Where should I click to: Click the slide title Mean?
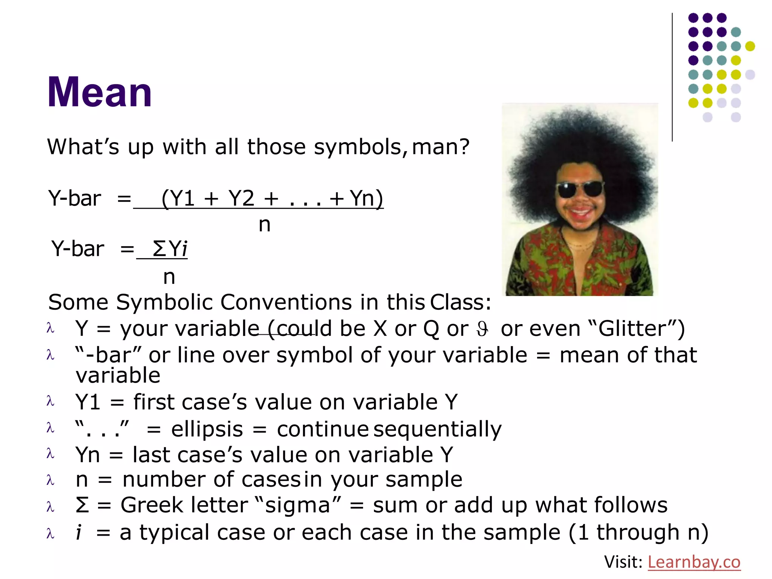pos(100,92)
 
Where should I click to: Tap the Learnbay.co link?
pos(694,562)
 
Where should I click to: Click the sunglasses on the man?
pos(581,188)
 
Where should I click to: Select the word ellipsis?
pos(207,429)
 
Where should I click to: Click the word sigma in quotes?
pos(297,505)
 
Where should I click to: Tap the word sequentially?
pos(437,429)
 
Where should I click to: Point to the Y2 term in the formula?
pos(242,198)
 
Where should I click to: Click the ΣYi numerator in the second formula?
pos(170,249)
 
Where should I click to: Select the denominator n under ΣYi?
pos(169,277)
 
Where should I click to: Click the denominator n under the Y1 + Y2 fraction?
pos(265,225)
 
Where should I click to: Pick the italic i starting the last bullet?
pos(78,532)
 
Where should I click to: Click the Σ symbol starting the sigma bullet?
pos(82,505)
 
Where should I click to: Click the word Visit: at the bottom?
pos(623,562)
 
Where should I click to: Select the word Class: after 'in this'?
pos(461,302)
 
